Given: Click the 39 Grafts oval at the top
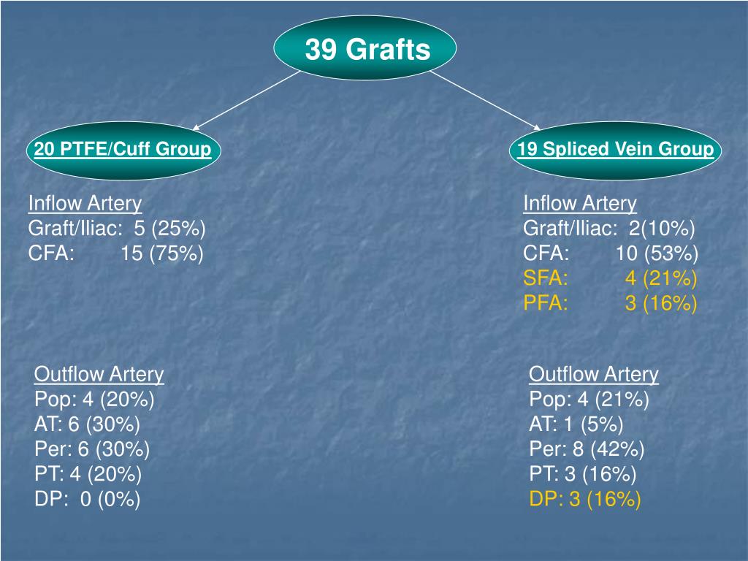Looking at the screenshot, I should [365, 50].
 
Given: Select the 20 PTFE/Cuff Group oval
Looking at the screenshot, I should [123, 150].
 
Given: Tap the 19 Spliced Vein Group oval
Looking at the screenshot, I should [615, 150].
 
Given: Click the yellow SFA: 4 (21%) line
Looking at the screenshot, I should [610, 278].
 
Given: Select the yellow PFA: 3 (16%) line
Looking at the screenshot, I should [610, 303].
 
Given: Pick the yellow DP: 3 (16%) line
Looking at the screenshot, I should [584, 500].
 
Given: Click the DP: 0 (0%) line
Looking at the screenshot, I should [87, 500].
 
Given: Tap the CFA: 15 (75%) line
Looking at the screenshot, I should [115, 253].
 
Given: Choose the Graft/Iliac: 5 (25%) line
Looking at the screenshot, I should [117, 229].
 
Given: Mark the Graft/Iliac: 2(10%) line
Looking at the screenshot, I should [608, 229].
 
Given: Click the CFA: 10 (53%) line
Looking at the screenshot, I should [610, 253].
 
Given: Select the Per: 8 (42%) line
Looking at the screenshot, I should [587, 449].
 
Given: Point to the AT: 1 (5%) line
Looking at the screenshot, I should [576, 424].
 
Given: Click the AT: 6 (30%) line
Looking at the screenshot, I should [87, 424].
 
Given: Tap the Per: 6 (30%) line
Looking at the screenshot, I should [92, 449].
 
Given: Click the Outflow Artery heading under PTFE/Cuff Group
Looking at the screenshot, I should [99, 375].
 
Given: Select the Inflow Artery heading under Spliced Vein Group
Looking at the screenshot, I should [580, 204].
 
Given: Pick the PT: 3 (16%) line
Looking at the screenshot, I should [582, 474].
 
